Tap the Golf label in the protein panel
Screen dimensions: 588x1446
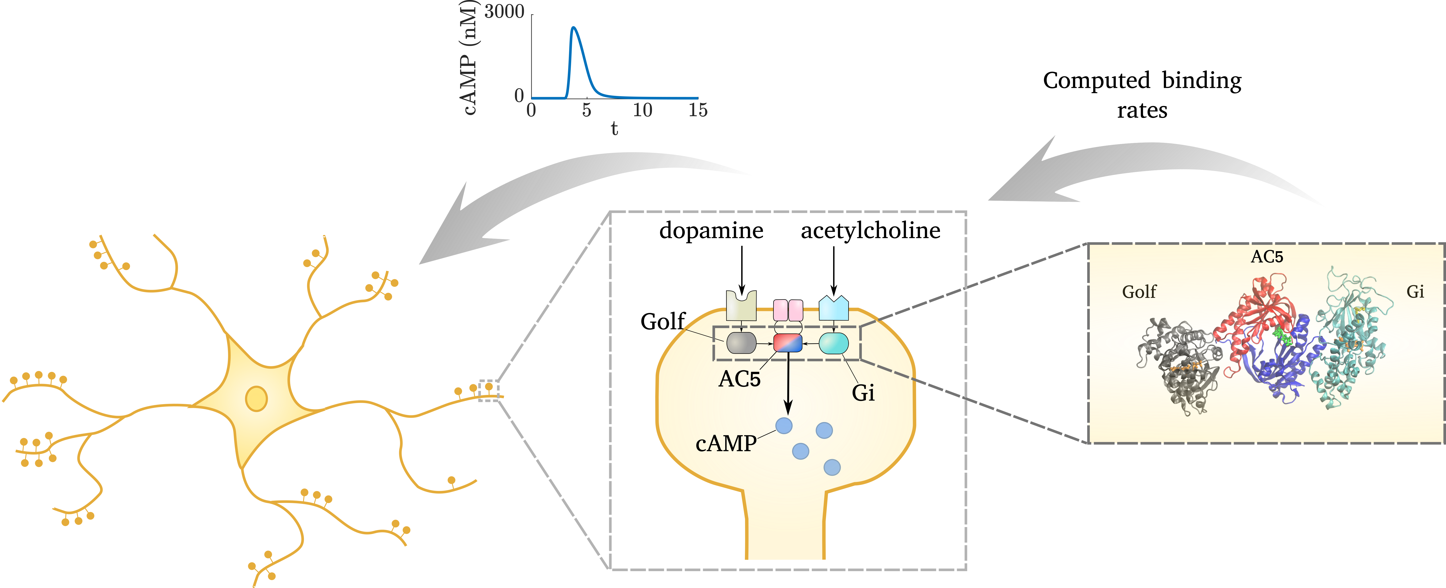tap(1139, 292)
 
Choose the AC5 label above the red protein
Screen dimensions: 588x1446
tap(1267, 257)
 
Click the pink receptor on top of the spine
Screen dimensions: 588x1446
tap(788, 310)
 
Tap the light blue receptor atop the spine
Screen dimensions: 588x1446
tap(834, 309)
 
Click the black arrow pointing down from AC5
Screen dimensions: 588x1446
tap(788, 387)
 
